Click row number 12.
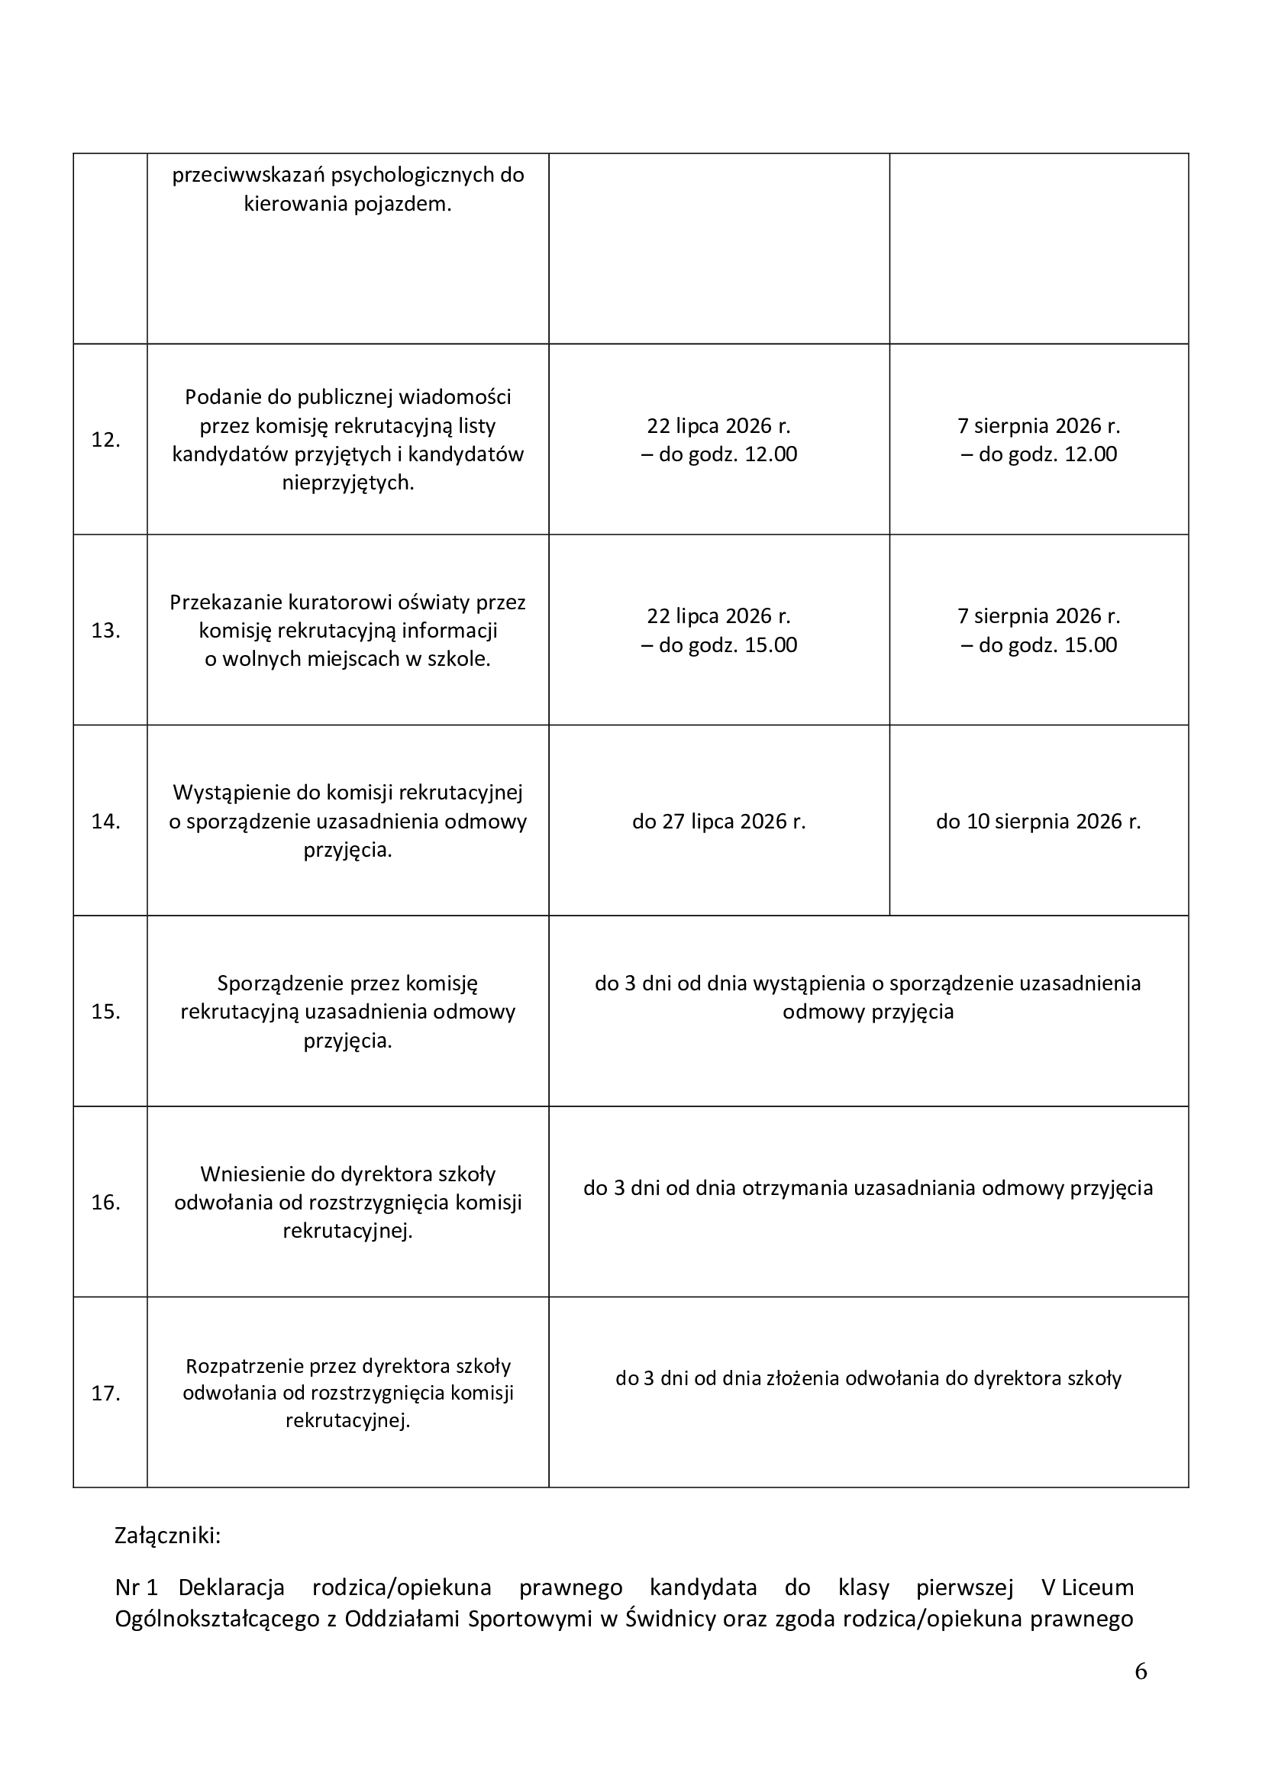tap(106, 441)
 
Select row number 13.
tap(106, 631)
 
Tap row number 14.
tap(106, 822)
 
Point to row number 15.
tap(106, 1012)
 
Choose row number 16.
tap(106, 1203)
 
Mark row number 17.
tap(106, 1394)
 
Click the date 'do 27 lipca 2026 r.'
tap(718, 822)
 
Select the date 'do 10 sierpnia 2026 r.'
tap(1038, 822)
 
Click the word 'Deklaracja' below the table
tap(232, 1587)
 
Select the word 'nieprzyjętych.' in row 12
tap(347, 483)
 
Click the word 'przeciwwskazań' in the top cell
tap(248, 176)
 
